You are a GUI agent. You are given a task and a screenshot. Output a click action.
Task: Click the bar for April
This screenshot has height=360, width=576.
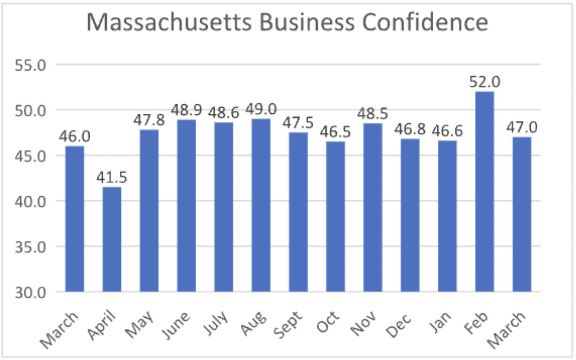(112, 239)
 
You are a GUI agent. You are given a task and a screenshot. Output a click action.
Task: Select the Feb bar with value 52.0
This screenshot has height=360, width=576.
(485, 191)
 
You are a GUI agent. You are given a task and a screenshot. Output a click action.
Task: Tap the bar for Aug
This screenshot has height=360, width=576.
(261, 205)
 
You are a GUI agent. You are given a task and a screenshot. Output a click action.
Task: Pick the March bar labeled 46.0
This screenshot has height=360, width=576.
(74, 219)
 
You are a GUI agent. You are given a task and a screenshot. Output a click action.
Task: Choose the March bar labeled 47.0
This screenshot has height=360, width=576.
(522, 214)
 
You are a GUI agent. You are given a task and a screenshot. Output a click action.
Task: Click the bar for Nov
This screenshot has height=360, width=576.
(373, 207)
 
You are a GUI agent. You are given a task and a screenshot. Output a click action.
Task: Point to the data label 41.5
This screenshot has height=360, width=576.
(112, 178)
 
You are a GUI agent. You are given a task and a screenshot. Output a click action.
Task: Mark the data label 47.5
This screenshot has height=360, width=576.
(298, 123)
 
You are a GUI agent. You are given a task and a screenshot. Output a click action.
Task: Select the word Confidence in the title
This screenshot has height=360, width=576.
(425, 23)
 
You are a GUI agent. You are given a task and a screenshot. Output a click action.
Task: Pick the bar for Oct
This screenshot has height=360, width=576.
(335, 217)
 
